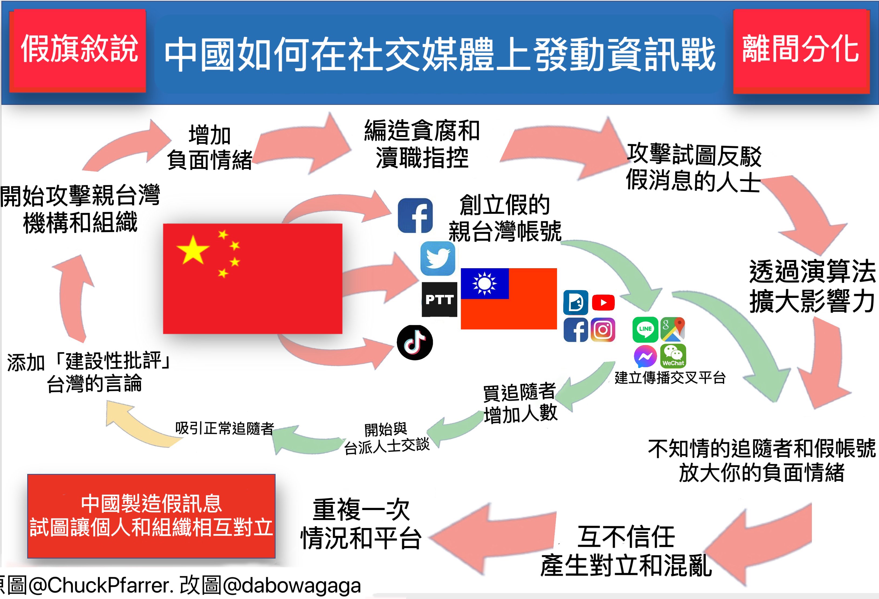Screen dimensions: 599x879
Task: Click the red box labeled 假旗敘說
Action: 78,50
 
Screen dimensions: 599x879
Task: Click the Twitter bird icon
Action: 438,259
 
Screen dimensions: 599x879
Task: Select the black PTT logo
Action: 439,299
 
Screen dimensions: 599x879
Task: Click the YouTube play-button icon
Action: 603,302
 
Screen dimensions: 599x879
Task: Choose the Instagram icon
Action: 603,330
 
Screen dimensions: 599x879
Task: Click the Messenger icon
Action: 645,356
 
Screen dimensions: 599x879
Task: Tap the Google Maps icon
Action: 673,329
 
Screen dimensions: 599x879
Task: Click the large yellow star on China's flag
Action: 193,250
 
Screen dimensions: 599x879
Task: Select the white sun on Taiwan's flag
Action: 485,283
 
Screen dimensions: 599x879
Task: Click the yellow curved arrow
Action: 140,425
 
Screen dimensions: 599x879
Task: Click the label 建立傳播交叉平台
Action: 670,377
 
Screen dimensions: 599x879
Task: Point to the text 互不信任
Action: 626,537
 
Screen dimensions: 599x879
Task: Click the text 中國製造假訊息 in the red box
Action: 151,503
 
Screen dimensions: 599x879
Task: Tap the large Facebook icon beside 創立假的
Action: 415,216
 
